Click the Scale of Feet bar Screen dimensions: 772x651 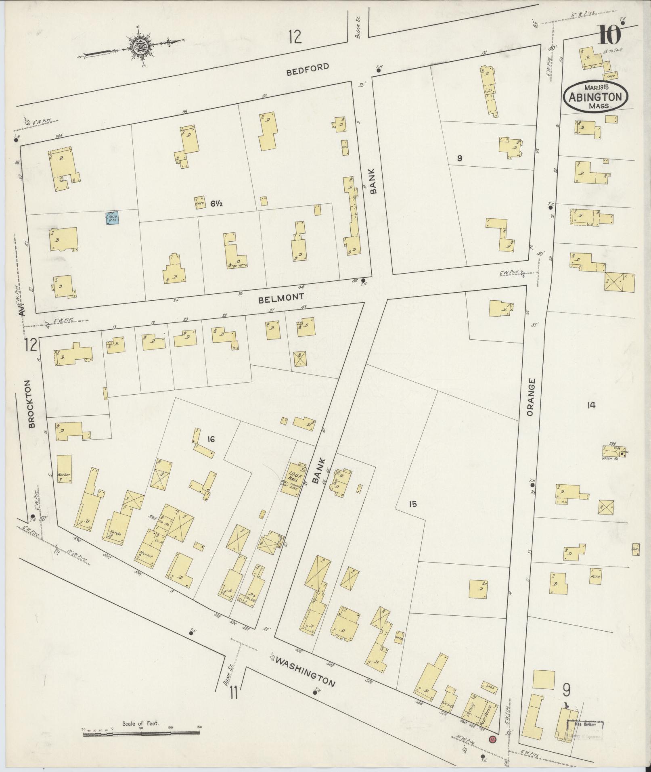142,735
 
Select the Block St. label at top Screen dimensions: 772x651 357,31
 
